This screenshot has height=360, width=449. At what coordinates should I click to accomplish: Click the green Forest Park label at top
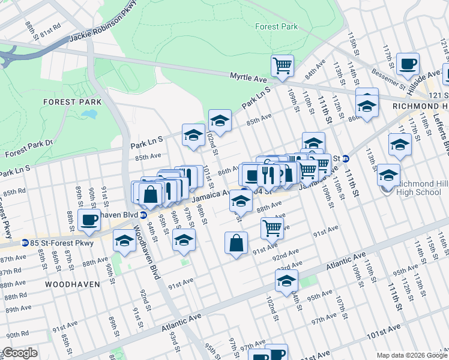click(x=276, y=26)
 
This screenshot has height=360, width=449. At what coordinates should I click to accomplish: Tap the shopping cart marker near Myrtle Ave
click(x=282, y=65)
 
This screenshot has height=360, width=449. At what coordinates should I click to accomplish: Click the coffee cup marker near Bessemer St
click(x=408, y=63)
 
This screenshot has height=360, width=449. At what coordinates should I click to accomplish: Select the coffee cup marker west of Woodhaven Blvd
click(x=89, y=220)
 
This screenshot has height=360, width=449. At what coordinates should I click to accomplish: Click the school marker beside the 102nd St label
click(x=220, y=120)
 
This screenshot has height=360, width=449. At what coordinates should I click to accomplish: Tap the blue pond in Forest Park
click(x=91, y=114)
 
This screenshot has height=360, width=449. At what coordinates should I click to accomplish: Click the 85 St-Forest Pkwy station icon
click(x=25, y=243)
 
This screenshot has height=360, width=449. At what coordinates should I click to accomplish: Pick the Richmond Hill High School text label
click(x=423, y=188)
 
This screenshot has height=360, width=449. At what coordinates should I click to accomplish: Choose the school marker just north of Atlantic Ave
click(x=287, y=280)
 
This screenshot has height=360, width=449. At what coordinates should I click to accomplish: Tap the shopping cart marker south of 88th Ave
click(x=272, y=227)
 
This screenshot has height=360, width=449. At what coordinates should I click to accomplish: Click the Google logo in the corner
click(x=20, y=353)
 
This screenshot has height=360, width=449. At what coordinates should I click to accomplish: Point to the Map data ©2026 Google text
click(x=412, y=355)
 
